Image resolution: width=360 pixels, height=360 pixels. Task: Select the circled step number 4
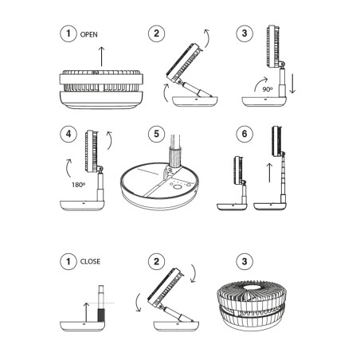click(69, 134)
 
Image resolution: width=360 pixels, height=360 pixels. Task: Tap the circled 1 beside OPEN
click(69, 33)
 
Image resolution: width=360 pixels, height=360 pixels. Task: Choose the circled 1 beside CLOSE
click(69, 260)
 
